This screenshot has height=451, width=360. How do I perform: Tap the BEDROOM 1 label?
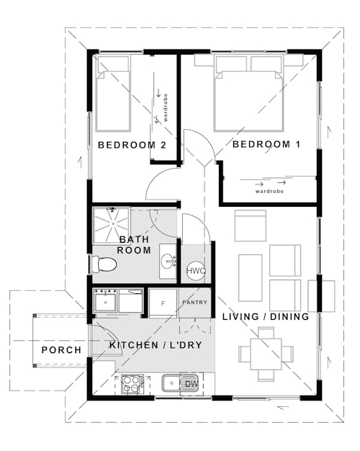266,145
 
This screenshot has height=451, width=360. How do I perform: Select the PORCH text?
61,350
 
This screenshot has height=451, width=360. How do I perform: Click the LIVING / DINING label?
266,317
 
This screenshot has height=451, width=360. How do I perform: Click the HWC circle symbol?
196,271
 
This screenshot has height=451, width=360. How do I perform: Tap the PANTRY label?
194,303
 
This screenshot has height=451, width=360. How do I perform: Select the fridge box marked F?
163,303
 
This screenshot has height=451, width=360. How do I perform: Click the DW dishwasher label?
191,384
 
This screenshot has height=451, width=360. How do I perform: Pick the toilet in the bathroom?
104,264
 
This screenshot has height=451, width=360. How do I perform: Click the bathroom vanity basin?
167,261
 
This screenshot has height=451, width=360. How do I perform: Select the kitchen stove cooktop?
131,384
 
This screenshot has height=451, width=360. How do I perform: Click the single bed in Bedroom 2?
112,93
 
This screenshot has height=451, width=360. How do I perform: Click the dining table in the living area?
266,354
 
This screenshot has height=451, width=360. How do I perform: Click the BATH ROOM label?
135,245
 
